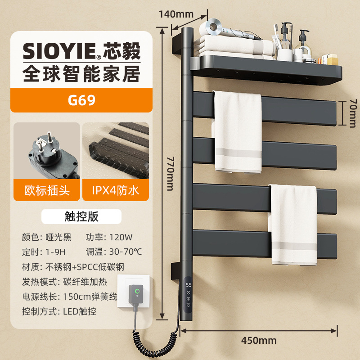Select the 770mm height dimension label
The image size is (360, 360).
click(169, 172)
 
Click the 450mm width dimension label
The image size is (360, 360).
click(258, 340)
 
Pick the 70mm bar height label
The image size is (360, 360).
click(352, 113)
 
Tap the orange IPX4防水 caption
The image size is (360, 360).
click(115, 190)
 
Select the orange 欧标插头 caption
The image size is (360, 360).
click(47, 190)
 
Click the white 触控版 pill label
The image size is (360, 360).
click(81, 216)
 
